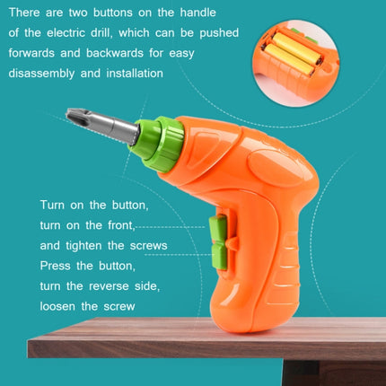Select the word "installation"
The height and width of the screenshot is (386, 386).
[132, 73]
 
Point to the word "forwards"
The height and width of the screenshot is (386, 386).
[37, 53]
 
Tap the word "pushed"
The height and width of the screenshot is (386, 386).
[218, 32]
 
